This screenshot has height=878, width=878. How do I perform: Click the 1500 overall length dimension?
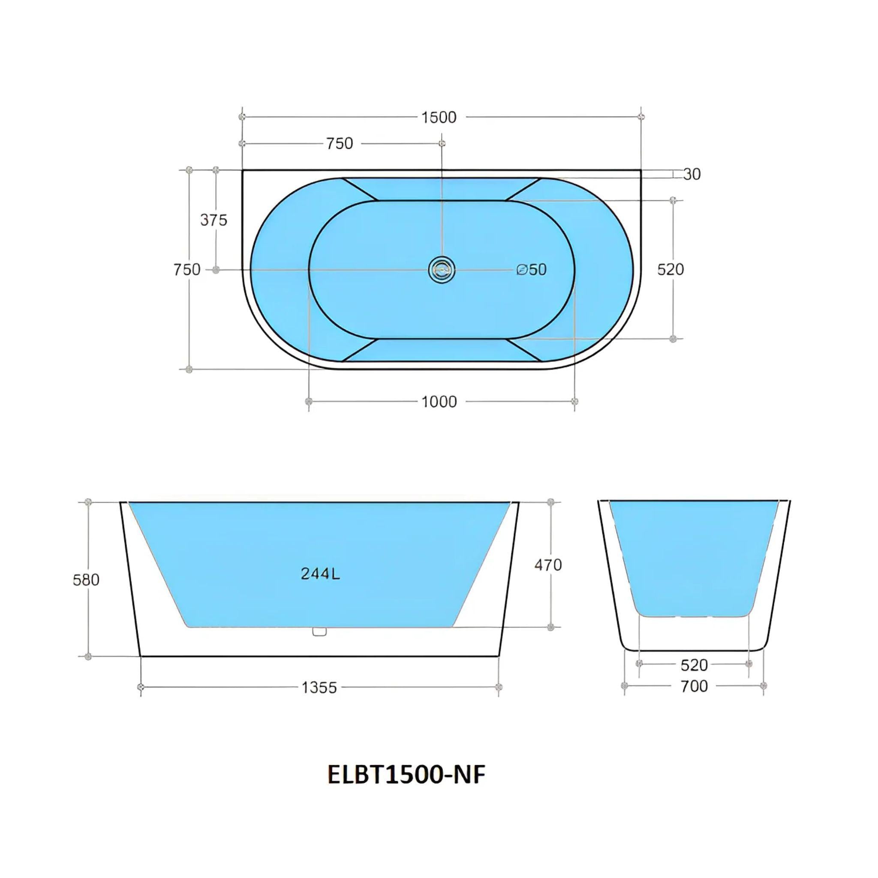point(439,117)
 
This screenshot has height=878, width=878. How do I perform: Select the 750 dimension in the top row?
point(340,144)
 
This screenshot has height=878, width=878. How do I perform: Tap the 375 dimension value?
point(213,220)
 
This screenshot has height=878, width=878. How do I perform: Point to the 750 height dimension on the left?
point(186,270)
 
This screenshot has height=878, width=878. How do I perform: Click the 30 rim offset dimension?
point(692,174)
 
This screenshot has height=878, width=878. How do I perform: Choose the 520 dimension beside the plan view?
point(671,270)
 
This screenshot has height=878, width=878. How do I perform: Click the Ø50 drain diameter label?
point(532,270)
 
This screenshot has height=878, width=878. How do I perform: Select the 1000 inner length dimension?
point(439,402)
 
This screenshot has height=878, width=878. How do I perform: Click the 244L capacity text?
point(320,574)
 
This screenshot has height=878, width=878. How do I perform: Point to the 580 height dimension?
point(86,580)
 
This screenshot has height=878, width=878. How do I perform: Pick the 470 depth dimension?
point(548,565)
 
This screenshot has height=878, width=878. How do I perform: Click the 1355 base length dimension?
point(319,688)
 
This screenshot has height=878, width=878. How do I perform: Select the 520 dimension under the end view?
point(694,665)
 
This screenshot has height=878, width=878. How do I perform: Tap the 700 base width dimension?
point(694,686)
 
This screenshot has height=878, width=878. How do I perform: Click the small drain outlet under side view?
point(320,631)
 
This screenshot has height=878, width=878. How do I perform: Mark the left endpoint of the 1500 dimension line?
point(242,117)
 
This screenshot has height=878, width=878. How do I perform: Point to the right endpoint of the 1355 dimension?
point(499,687)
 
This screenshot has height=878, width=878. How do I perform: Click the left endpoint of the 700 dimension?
point(624,686)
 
